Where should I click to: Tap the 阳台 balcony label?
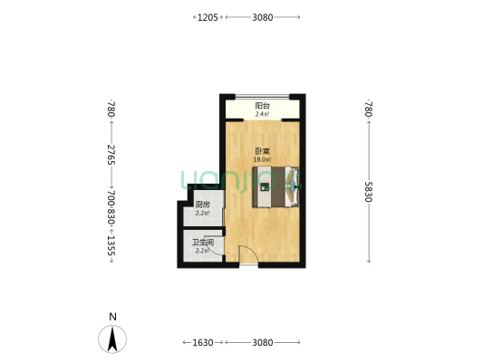(x=261, y=105)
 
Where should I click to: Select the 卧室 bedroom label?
(x=262, y=150)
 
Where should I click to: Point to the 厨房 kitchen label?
(x=202, y=205)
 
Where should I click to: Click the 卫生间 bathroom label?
(x=204, y=243)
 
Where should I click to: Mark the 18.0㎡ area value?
(x=262, y=159)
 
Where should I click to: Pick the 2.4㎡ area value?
(x=261, y=115)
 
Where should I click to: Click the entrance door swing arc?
(x=247, y=255)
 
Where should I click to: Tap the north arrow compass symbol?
(x=111, y=339)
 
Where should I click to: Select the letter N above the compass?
(x=111, y=317)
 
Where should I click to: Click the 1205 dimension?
(x=208, y=17)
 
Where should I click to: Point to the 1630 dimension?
(x=203, y=343)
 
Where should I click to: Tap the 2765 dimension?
(x=111, y=155)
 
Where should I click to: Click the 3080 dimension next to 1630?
(x=262, y=343)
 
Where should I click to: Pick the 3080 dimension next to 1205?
(x=263, y=17)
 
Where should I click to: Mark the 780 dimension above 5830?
(x=369, y=109)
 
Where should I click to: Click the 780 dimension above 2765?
(x=111, y=109)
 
